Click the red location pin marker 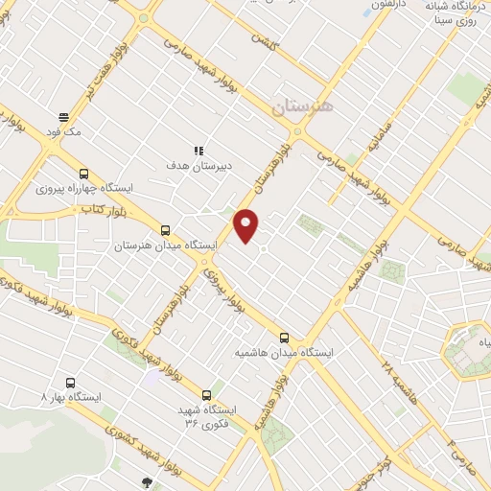pyautogui.click(x=246, y=224)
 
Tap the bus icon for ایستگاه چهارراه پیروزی pyautogui.click(x=84, y=174)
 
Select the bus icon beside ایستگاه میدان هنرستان pyautogui.click(x=166, y=230)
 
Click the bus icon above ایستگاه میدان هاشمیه pyautogui.click(x=284, y=337)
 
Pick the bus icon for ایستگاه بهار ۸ pyautogui.click(x=68, y=381)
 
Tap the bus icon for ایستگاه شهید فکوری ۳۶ pyautogui.click(x=206, y=394)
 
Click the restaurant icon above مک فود pyautogui.click(x=64, y=115)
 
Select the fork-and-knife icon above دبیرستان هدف pyautogui.click(x=199, y=150)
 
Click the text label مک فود pyautogui.click(x=64, y=131)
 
